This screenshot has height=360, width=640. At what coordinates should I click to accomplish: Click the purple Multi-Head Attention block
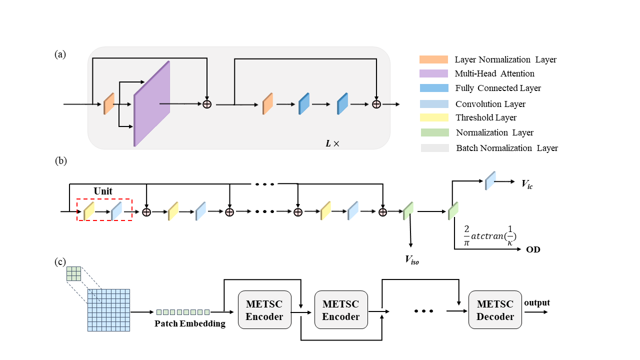(x=152, y=104)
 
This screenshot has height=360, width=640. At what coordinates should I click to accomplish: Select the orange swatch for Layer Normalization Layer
(x=433, y=59)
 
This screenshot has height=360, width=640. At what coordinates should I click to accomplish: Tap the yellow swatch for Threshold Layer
(x=433, y=118)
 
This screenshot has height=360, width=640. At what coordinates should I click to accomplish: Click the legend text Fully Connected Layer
(x=498, y=88)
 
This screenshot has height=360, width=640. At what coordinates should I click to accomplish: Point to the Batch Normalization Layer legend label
(x=507, y=148)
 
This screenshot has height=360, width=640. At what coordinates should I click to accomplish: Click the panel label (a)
(x=60, y=54)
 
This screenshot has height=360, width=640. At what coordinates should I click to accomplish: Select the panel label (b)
(x=60, y=161)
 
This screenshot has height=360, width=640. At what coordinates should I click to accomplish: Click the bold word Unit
(x=103, y=191)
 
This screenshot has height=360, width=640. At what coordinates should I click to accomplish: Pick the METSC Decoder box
(x=495, y=310)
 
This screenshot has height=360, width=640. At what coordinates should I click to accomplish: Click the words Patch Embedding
(x=190, y=323)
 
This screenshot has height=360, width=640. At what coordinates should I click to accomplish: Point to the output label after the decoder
(x=536, y=302)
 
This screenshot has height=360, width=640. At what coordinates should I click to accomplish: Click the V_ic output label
(x=527, y=184)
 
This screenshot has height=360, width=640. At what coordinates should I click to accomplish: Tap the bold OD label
(x=533, y=249)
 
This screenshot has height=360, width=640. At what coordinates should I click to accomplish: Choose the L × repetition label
(x=333, y=143)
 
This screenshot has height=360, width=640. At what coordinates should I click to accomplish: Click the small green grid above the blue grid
(x=73, y=273)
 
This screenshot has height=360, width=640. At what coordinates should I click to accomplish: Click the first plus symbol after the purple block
(x=206, y=104)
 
